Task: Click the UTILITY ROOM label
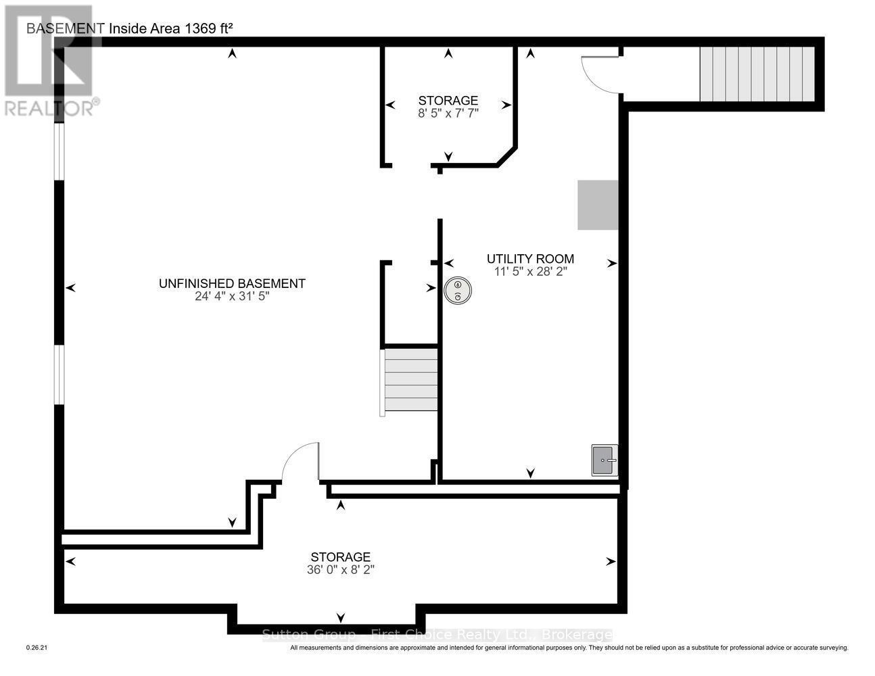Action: tap(530, 258)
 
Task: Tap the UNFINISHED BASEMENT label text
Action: tap(232, 283)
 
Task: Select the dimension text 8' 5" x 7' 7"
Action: tap(448, 114)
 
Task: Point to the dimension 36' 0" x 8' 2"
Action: tap(340, 570)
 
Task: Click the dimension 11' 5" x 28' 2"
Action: tap(530, 271)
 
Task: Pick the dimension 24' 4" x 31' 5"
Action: tap(232, 296)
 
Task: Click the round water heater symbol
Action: tap(458, 291)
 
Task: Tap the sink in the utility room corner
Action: tap(605, 460)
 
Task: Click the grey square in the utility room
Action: tap(598, 205)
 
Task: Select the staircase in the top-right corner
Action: tap(757, 74)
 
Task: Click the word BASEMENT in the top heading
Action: tap(65, 28)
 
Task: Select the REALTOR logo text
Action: tap(50, 108)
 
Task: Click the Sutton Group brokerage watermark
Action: tap(437, 635)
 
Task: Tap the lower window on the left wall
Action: tap(59, 375)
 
